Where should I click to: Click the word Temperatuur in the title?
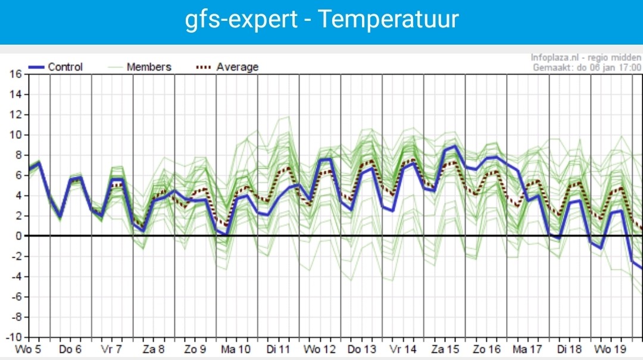point(388,19)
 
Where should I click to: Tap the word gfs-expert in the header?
point(241,20)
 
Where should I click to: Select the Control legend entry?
point(55,67)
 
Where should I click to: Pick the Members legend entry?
point(139,67)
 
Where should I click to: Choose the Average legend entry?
point(227,67)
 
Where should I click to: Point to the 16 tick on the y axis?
point(15,74)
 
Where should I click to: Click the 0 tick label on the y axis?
point(18,236)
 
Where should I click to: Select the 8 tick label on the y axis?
point(18,155)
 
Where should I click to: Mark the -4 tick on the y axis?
point(15,277)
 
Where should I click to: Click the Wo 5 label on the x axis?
point(28,349)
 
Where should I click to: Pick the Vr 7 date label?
point(111,349)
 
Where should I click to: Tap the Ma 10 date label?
point(236,349)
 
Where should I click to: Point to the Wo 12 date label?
point(320,349)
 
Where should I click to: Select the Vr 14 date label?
point(402,349)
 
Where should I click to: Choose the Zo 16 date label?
point(487,349)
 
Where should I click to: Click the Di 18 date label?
point(570,349)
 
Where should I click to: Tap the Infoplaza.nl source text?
point(555,57)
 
